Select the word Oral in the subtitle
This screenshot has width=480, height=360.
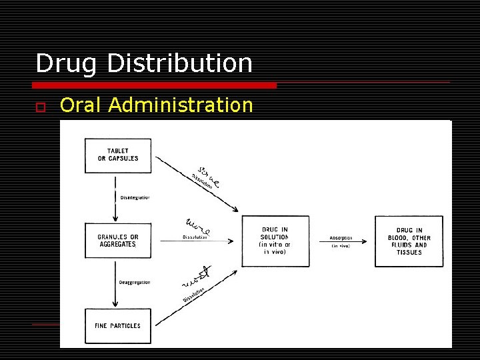81,105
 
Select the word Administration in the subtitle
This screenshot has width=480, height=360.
181,105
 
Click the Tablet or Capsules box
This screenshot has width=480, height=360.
118,155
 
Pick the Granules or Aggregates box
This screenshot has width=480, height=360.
118,241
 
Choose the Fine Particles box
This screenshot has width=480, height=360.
118,326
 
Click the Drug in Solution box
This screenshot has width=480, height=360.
275,241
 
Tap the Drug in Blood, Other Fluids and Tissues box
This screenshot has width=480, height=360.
409,241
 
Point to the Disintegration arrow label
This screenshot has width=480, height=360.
135,197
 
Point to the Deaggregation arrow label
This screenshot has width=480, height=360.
135,283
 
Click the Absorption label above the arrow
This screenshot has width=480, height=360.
341,238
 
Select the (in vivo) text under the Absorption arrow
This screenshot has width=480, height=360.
341,247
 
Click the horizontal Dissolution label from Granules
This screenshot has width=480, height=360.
196,237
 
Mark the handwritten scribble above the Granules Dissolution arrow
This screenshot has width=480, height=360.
198,225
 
